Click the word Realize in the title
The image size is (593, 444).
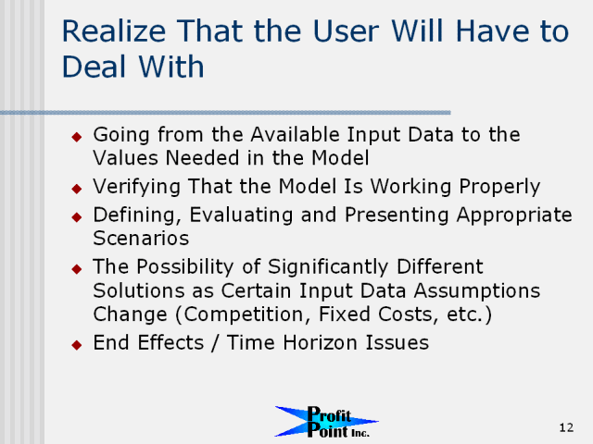click(x=114, y=31)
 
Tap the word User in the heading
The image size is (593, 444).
click(x=346, y=31)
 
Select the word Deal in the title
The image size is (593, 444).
click(x=94, y=67)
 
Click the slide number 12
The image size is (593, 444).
click(x=566, y=427)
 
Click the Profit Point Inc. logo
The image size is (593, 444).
click(x=327, y=422)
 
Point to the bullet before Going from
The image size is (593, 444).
click(x=77, y=137)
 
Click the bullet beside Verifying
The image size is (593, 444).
click(x=77, y=189)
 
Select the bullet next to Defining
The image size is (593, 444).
click(x=77, y=216)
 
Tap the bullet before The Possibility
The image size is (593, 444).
click(x=77, y=269)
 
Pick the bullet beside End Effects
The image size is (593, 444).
click(x=77, y=345)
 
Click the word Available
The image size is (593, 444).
click(x=296, y=134)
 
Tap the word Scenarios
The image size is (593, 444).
click(x=141, y=239)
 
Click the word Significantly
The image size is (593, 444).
click(x=328, y=267)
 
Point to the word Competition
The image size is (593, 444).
click(x=245, y=314)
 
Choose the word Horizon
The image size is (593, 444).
click(x=320, y=343)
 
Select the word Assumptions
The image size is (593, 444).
click(x=477, y=291)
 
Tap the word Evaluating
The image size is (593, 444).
click(x=241, y=216)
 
